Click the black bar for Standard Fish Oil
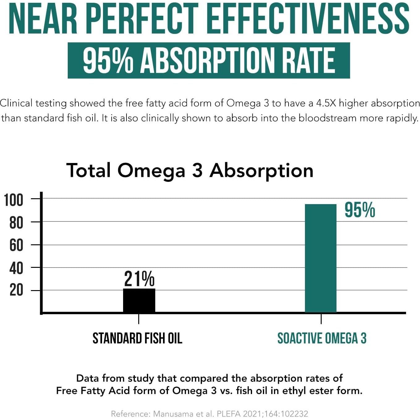[139, 300]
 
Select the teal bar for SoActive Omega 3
[320, 258]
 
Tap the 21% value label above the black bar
[139, 279]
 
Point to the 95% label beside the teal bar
[360, 210]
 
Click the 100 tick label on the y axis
[14, 200]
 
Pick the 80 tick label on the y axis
[16, 223]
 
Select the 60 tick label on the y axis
[16, 246]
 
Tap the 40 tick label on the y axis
[16, 268]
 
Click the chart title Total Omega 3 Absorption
[190, 170]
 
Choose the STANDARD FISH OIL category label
[137, 338]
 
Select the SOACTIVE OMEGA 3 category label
[322, 338]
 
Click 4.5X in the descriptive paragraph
[326, 103]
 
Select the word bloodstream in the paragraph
[327, 118]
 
